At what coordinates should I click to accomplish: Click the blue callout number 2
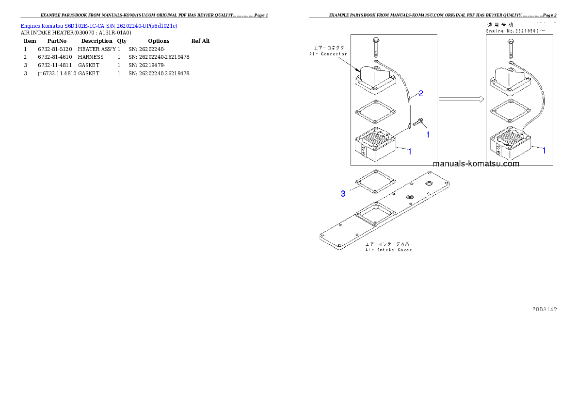coord(421,93)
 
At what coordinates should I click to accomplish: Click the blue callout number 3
coord(343,194)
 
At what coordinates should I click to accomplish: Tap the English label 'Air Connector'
coord(328,54)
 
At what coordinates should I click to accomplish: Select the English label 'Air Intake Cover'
coord(389,250)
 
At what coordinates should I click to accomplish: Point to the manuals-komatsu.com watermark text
coord(476,164)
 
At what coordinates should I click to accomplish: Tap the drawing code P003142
coord(544,309)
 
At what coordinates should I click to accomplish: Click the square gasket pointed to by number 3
coord(374,184)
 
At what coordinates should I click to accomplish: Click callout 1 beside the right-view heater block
coord(544,151)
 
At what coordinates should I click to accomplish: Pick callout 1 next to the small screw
coord(428,135)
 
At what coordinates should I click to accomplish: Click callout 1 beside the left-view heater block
coord(410,152)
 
